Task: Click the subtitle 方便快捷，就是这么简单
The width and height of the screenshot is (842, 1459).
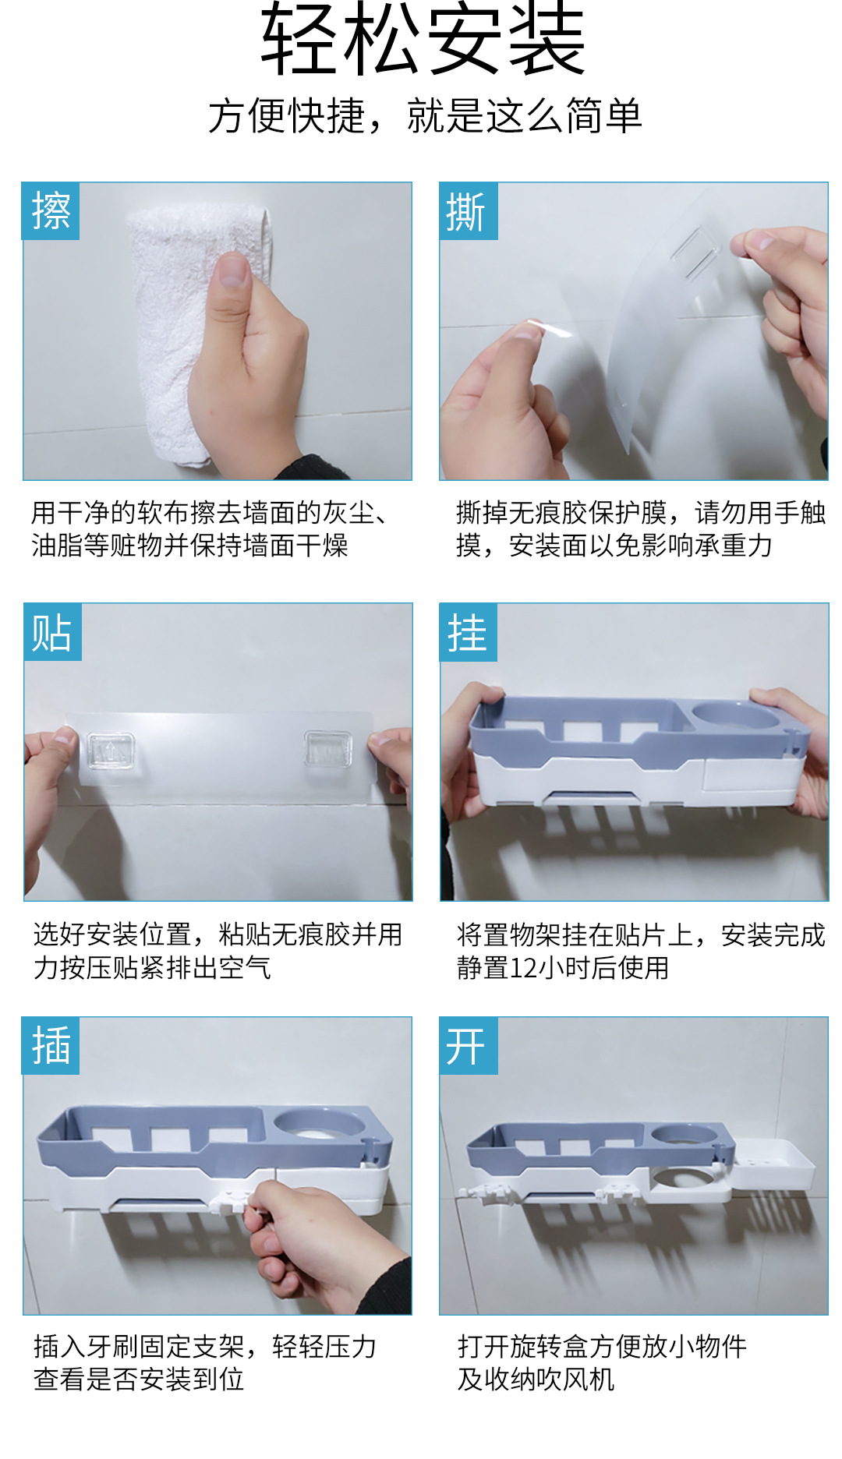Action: coord(425,116)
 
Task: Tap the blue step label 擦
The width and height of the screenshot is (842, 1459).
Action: coord(51,211)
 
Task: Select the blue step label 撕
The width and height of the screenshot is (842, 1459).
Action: coord(469,211)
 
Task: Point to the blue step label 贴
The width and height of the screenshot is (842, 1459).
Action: coord(52,632)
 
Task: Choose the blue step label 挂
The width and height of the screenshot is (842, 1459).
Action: coord(469,632)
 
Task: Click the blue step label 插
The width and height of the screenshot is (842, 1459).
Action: coord(51,1045)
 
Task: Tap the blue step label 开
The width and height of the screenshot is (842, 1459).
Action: coord(469,1045)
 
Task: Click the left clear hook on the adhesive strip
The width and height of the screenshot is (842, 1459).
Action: coord(110,751)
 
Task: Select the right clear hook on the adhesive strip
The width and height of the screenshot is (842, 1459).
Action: coord(327,749)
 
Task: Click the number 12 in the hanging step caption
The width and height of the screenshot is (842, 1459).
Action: coord(523,968)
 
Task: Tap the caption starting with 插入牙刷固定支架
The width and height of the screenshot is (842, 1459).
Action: coord(205,1362)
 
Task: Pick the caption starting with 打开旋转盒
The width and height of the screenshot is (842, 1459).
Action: coord(602,1362)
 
